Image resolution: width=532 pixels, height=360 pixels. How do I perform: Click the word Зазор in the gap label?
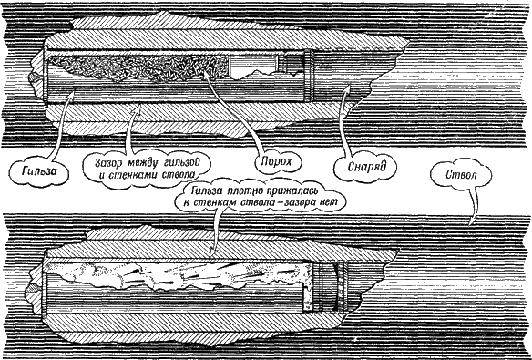pos(110,161)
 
